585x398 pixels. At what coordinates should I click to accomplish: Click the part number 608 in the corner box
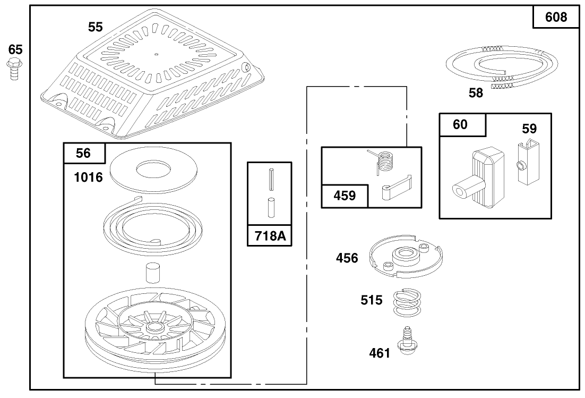coord(556,17)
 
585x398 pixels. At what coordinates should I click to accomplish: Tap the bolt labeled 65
coord(14,70)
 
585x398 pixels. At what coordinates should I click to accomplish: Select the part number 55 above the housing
coord(96,27)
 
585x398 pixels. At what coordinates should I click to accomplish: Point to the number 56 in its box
coord(83,153)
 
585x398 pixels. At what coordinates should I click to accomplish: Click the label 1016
coord(89,177)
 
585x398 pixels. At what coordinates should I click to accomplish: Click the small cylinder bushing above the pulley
coord(152,273)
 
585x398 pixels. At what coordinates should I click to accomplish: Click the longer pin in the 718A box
coord(270,178)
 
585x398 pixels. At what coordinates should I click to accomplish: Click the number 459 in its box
coord(345,196)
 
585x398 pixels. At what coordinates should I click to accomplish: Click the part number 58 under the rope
coord(476,92)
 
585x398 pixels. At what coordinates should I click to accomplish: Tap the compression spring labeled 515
coord(407,302)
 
